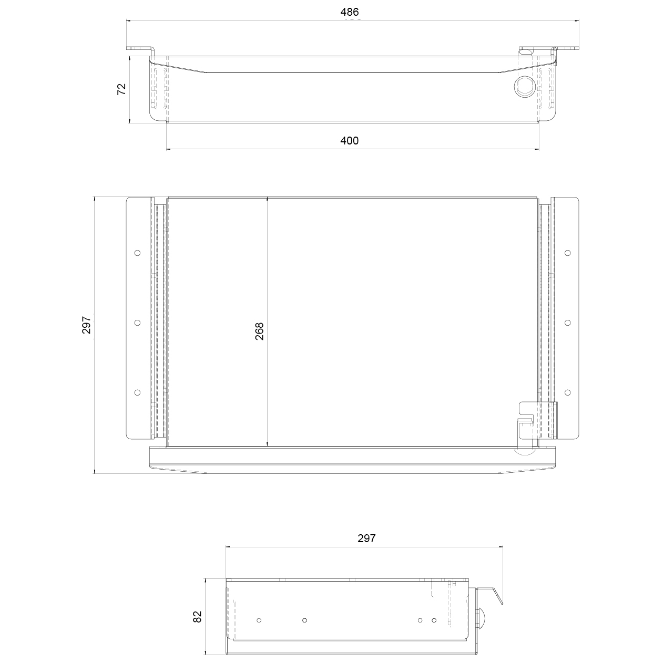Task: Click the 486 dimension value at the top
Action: (349, 12)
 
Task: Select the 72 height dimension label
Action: (121, 89)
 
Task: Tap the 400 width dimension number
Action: (349, 141)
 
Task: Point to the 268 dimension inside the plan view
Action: (259, 331)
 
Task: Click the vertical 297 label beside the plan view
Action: (86, 325)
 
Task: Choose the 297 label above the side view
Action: (366, 538)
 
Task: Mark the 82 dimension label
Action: (197, 617)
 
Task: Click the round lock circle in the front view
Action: (524, 86)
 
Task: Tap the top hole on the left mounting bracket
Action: (137, 253)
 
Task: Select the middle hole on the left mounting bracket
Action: (137, 323)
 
